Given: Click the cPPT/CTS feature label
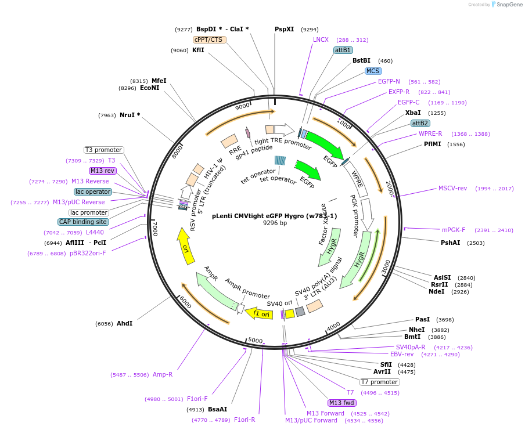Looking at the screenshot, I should pos(209,39).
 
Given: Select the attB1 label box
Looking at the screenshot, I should pos(343,50).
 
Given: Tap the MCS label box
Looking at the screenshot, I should pos(373,71).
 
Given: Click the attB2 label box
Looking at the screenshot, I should pos(420,123).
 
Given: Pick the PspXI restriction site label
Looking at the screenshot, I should pos(285,29).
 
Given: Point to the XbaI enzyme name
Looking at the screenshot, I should pos(413,113).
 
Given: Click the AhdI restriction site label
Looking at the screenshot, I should pos(124,323).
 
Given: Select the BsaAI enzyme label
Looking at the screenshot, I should pos(217,409).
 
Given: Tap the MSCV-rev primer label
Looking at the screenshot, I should pos(452,188).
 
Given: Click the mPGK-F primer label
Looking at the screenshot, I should pos(454,230).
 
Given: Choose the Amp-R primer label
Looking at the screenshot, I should pos(163,374).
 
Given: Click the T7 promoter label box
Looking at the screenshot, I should pos(380,382).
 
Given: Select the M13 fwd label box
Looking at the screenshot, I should pos(341,403).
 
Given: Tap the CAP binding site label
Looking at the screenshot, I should pos(83,222).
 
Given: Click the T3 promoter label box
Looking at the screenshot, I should pos(103,150).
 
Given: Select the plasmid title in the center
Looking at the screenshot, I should pos(274,215).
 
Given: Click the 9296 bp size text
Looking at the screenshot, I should pos(275,223).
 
